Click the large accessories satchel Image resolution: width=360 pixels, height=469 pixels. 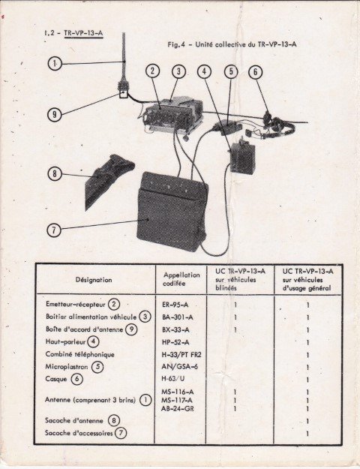pos(172,211)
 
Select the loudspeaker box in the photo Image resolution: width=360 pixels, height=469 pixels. pos(243,156)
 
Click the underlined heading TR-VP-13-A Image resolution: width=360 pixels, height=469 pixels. pos(83,33)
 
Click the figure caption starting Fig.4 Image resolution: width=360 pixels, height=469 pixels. pos(232,44)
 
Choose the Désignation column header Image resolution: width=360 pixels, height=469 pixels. pos(94,280)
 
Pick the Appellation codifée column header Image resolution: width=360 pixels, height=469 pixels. pos(181,279)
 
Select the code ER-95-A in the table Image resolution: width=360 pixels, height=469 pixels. pos(175,305)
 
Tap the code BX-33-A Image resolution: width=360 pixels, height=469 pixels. pos(175,330)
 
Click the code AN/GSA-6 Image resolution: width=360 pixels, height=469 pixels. pos(179,366)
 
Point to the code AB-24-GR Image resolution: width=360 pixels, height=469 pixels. pos(177,408)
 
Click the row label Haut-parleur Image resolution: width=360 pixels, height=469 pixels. pos(65,341)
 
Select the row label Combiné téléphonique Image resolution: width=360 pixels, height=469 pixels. pos(79,354)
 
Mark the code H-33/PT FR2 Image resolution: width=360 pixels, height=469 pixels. pos(181,355)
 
